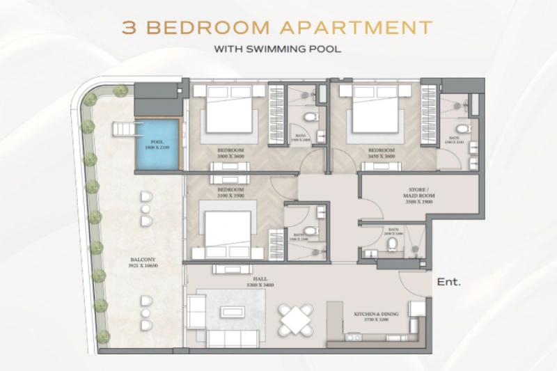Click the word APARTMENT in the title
coord(356,28)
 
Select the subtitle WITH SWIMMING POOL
coord(278,50)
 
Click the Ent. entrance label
coord(449,283)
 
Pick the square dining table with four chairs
coord(295,319)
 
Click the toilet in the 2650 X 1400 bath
coord(391,244)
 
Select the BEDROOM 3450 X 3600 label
coord(382,153)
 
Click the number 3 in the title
coord(129,28)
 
